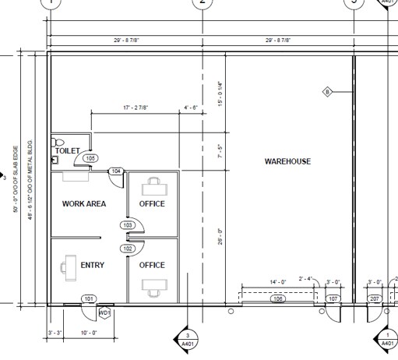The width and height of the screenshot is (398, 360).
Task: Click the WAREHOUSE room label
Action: [x=287, y=161]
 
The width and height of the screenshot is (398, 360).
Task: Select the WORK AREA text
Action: [x=83, y=204]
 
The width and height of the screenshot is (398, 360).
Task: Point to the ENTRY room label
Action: [x=92, y=265]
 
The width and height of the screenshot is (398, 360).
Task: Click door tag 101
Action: [x=89, y=298]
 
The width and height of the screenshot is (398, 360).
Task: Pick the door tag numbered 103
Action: [x=128, y=224]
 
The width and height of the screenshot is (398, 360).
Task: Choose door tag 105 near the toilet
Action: [x=91, y=158]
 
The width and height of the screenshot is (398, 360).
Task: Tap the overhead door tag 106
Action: [x=276, y=298]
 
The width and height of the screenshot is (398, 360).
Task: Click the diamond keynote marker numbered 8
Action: [x=328, y=93]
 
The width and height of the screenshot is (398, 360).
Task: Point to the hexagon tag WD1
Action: [x=104, y=313]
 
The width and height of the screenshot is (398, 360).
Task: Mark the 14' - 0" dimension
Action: [x=278, y=281]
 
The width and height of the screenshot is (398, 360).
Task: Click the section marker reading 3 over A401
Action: [x=187, y=338]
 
